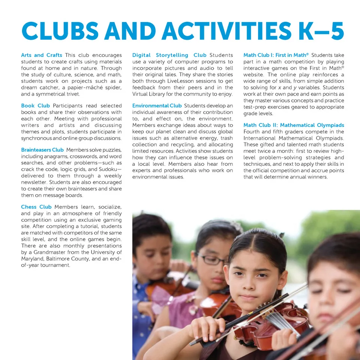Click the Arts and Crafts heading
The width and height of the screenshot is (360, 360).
coord(42,55)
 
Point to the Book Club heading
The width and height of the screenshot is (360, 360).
coord(36,106)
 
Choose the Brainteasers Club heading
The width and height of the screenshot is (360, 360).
coord(42,150)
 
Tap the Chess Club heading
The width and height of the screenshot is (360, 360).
coord(36,207)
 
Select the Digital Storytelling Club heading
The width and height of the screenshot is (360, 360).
coord(169,55)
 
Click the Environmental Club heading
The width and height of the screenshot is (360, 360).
coord(157,106)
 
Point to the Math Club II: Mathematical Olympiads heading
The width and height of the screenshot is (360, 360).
coord(294,125)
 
